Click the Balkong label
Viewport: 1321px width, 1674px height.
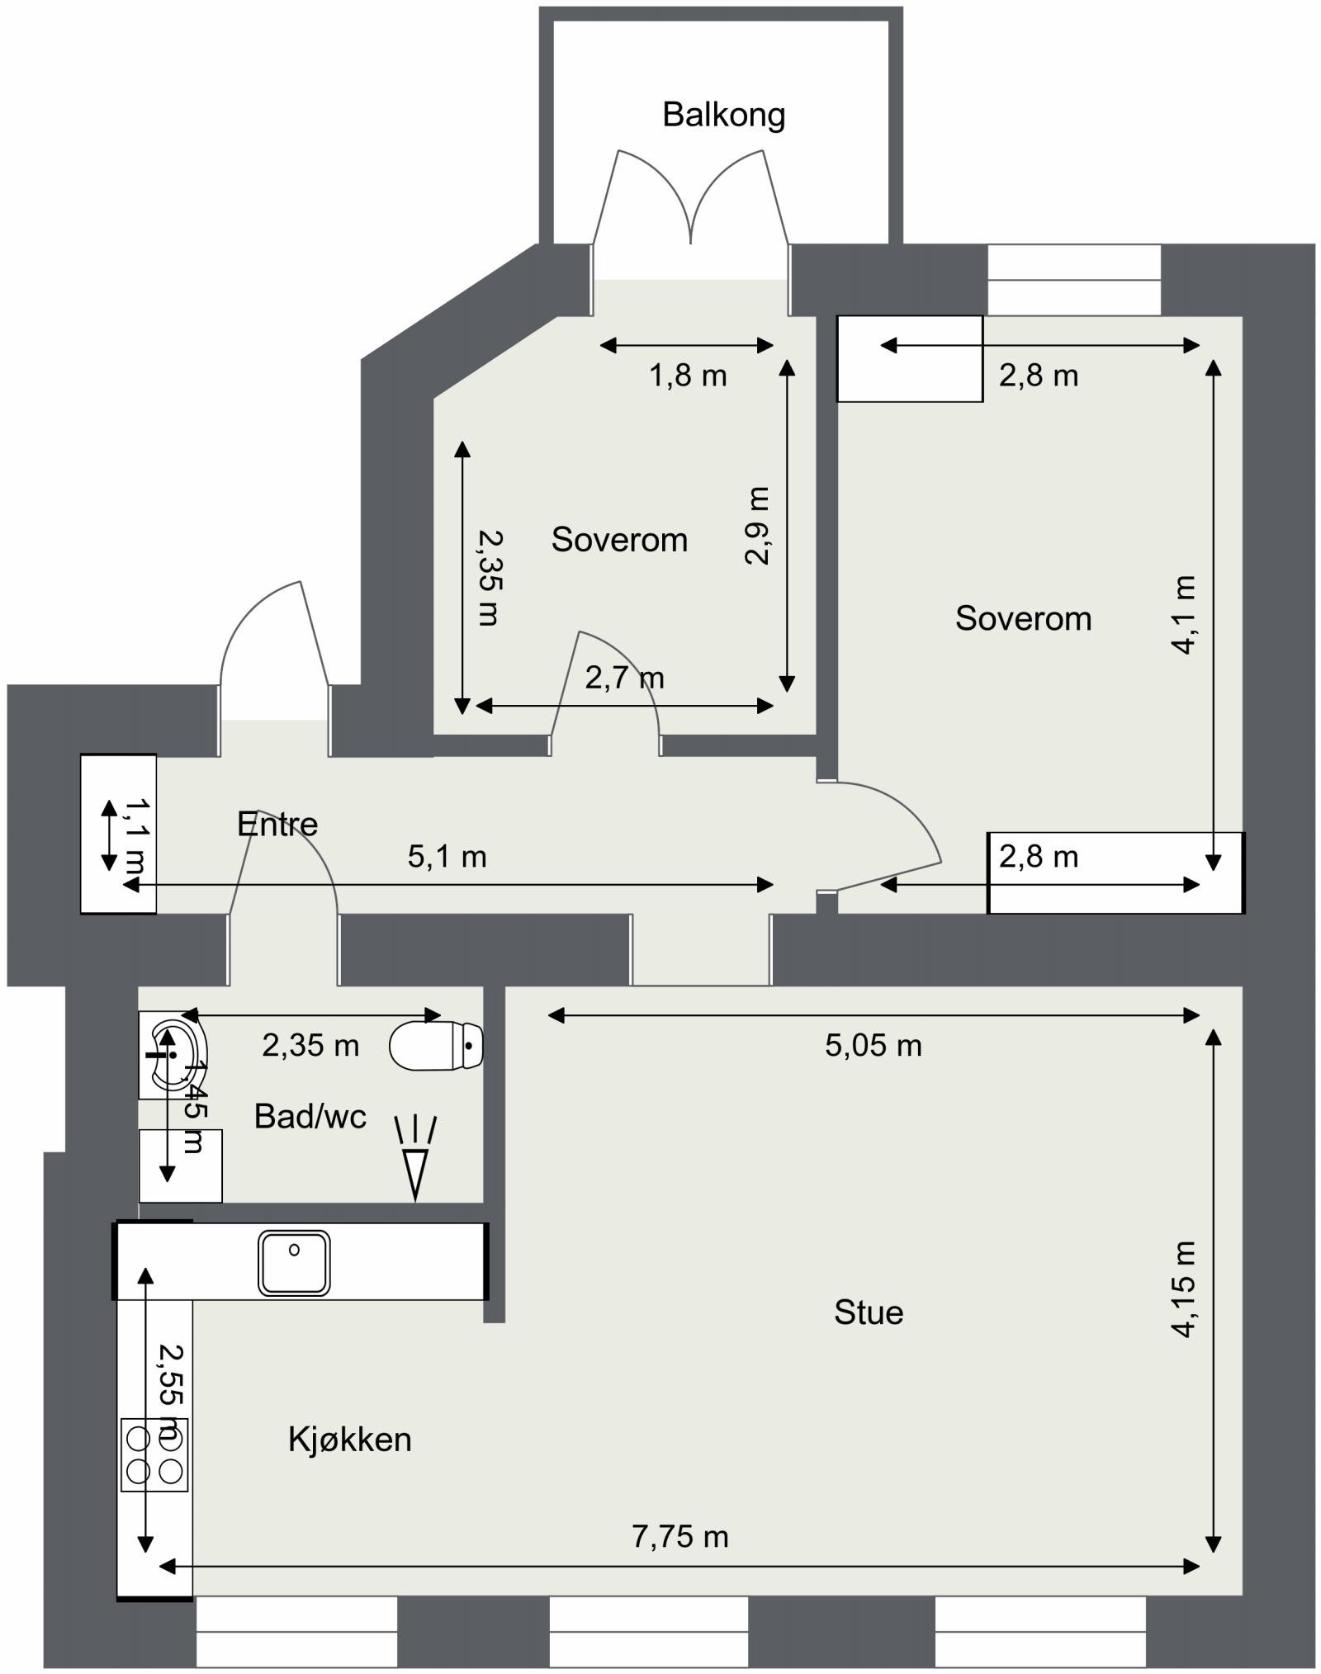pos(723,115)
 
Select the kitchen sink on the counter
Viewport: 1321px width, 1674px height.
pos(294,1263)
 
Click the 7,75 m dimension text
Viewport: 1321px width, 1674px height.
pos(679,1536)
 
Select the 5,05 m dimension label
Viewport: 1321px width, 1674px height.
pos(873,1046)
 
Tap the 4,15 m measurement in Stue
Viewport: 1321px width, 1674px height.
pos(1183,1289)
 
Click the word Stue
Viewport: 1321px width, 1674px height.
pos(868,1312)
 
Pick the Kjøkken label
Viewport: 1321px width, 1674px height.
pos(349,1440)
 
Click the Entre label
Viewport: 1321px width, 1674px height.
pos(277,824)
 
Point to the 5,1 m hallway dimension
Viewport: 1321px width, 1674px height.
pos(447,857)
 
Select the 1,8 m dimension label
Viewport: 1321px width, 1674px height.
pos(687,376)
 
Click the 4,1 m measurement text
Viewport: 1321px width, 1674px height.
pos(1183,615)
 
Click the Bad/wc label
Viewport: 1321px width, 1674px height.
pos(310,1116)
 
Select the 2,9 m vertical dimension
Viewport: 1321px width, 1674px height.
pos(758,525)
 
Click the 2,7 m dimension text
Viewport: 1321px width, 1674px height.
pos(624,678)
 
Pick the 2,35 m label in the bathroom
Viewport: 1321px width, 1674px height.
pos(310,1046)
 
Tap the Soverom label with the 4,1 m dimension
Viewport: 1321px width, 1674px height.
pos(1023,618)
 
